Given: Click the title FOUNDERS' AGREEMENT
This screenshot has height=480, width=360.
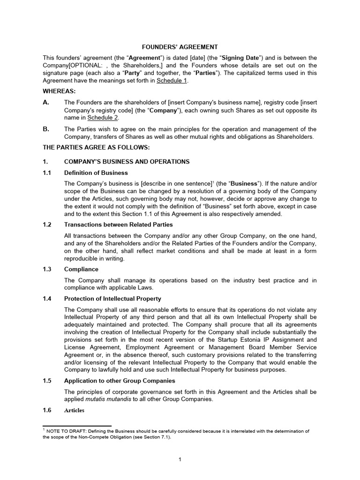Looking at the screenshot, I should click(180, 47).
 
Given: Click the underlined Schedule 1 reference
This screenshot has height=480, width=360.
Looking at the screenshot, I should click(172, 81).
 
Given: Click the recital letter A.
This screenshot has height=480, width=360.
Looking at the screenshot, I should click(46, 103).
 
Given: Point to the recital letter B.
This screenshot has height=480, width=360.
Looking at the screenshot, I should click(46, 129).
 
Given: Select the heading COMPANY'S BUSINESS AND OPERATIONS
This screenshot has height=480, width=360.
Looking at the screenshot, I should click(127, 162).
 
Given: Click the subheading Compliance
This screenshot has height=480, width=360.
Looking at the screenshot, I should click(81, 269).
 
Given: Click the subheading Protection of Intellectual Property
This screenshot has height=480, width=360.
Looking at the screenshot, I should click(112, 299).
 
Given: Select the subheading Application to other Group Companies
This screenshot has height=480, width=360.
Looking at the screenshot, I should click(120, 380).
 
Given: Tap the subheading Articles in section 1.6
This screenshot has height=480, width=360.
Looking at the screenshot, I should click(74, 410).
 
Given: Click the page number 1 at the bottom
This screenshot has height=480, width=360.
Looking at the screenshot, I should click(180, 459).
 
